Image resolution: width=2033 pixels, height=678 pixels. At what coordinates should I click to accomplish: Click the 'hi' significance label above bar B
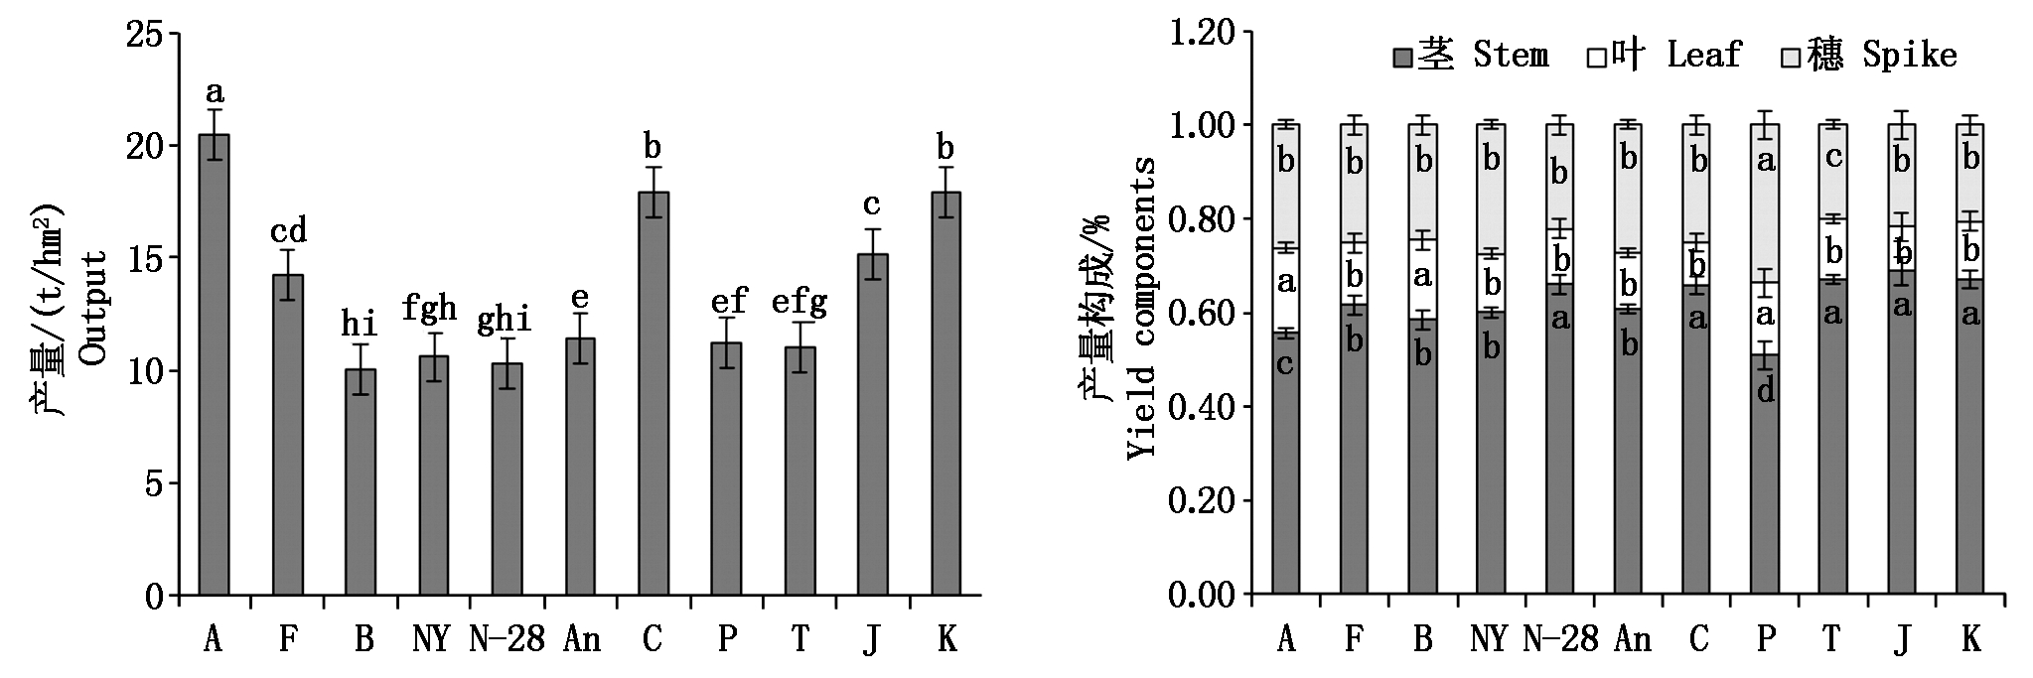[359, 323]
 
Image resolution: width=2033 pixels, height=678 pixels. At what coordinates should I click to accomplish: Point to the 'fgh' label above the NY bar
[429, 309]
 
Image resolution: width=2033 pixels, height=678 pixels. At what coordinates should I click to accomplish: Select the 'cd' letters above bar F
[288, 231]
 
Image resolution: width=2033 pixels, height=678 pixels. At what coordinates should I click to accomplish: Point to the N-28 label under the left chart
[507, 639]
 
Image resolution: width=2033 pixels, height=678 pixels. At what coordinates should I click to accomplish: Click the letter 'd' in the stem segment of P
[1765, 390]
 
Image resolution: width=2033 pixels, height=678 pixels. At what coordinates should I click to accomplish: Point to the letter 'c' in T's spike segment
[1833, 157]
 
